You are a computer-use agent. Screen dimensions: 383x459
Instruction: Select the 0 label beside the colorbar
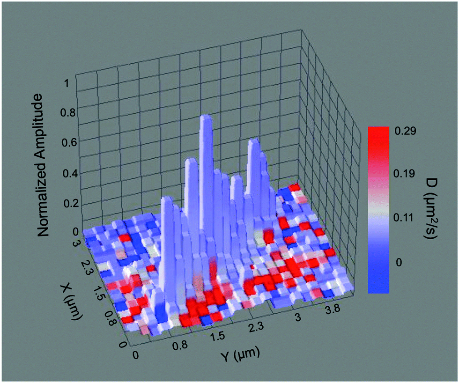coord(400,262)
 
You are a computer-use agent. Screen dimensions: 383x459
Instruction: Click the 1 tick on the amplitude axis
coord(68,83)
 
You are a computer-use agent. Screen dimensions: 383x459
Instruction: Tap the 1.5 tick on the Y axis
coord(218,336)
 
